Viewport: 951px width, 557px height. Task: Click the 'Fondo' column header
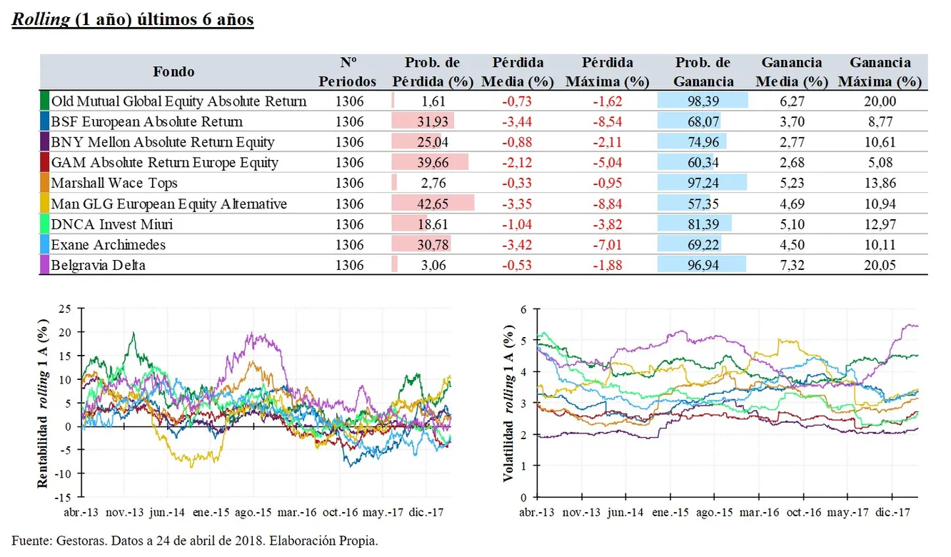pyautogui.click(x=173, y=71)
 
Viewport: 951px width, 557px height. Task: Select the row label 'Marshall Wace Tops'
pyautogui.click(x=114, y=184)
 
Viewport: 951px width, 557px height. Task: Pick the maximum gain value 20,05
pyautogui.click(x=879, y=266)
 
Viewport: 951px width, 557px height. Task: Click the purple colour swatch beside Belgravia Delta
pyautogui.click(x=44, y=266)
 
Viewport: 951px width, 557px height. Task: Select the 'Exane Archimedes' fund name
pyautogui.click(x=108, y=245)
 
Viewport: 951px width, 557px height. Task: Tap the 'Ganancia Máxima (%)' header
pyautogui.click(x=879, y=72)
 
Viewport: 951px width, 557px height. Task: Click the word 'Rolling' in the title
pyautogui.click(x=41, y=19)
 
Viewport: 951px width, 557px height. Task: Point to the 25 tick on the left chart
pyautogui.click(x=66, y=308)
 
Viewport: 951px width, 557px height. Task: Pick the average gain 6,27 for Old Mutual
pyautogui.click(x=792, y=101)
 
